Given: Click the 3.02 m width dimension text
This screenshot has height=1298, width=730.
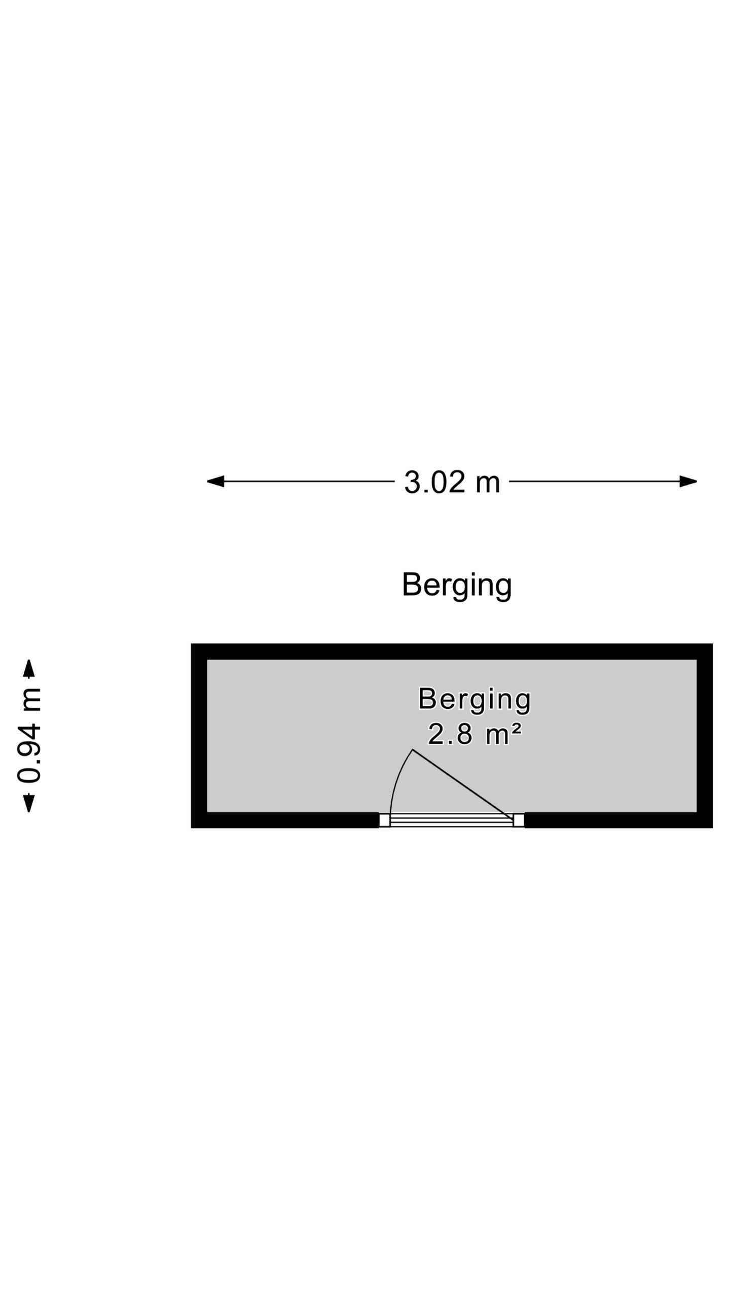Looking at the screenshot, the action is pos(452,482).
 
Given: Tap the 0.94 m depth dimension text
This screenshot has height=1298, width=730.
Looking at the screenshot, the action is pos(28,736).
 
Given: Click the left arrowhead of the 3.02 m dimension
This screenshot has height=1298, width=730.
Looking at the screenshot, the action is pos(215,481).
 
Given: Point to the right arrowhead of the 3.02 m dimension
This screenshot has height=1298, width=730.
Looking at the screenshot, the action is pos(688,481).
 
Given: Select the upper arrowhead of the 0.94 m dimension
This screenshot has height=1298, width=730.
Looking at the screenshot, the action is pos(29,668).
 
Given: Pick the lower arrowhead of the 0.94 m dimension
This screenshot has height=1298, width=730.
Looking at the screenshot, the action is pos(29,803).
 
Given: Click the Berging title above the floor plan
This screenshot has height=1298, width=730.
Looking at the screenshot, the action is pos(457,586).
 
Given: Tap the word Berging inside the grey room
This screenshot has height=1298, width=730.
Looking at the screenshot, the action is pos(474,700).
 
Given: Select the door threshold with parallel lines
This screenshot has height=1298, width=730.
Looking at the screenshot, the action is pos(451,820).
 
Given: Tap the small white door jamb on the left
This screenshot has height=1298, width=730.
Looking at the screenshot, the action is pos(384,820).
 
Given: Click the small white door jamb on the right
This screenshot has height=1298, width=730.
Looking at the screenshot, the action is pos(519,820).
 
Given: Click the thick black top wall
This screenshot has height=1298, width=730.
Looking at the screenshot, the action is pos(452,652).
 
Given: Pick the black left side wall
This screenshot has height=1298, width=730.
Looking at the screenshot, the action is pos(199,736).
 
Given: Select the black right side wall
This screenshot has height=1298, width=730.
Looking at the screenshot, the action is pos(705,736).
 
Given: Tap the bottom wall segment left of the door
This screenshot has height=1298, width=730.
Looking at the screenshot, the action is pos(285,820).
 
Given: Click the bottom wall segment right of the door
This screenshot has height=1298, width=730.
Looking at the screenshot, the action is pos(618,820).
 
